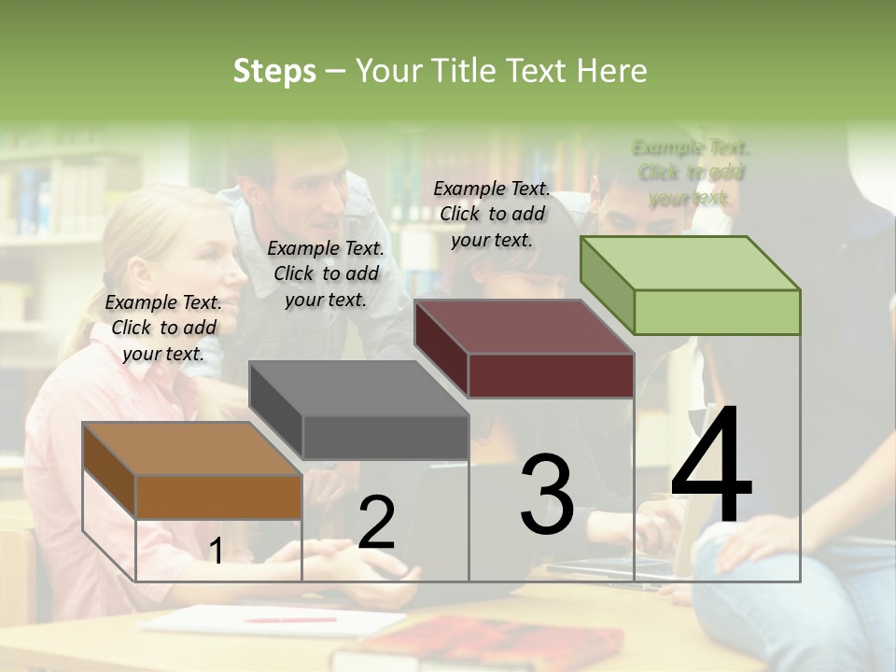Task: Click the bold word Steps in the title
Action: (x=274, y=71)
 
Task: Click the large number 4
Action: (x=711, y=467)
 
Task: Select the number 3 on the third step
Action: (x=547, y=495)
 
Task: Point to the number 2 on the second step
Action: (x=376, y=523)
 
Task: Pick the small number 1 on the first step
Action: (x=216, y=552)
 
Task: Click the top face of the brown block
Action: (x=191, y=449)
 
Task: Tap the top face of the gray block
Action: (x=357, y=388)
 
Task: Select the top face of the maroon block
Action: (x=523, y=327)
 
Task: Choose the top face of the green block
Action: (x=689, y=263)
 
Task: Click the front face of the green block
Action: (x=717, y=312)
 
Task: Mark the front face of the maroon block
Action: (x=551, y=376)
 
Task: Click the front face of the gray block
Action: (x=385, y=438)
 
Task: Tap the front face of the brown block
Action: (x=219, y=497)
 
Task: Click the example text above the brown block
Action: (x=164, y=328)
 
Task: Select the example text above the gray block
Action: (x=326, y=273)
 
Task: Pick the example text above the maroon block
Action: (x=492, y=214)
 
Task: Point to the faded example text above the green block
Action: (x=691, y=173)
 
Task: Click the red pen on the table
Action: (x=290, y=619)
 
